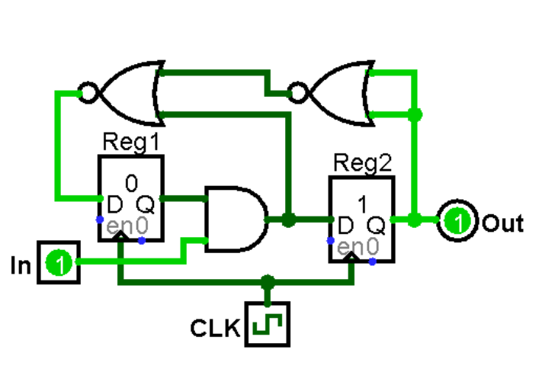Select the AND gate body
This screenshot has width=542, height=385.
click(233, 220)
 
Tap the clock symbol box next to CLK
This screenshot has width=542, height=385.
click(268, 326)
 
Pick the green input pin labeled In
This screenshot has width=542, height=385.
click(59, 264)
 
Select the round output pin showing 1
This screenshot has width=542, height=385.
click(458, 222)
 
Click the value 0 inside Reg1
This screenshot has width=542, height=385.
click(130, 183)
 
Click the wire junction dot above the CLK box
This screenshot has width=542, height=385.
click(267, 282)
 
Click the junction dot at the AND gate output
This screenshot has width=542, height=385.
click(288, 220)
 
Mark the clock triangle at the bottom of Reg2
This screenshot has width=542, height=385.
click(351, 258)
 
